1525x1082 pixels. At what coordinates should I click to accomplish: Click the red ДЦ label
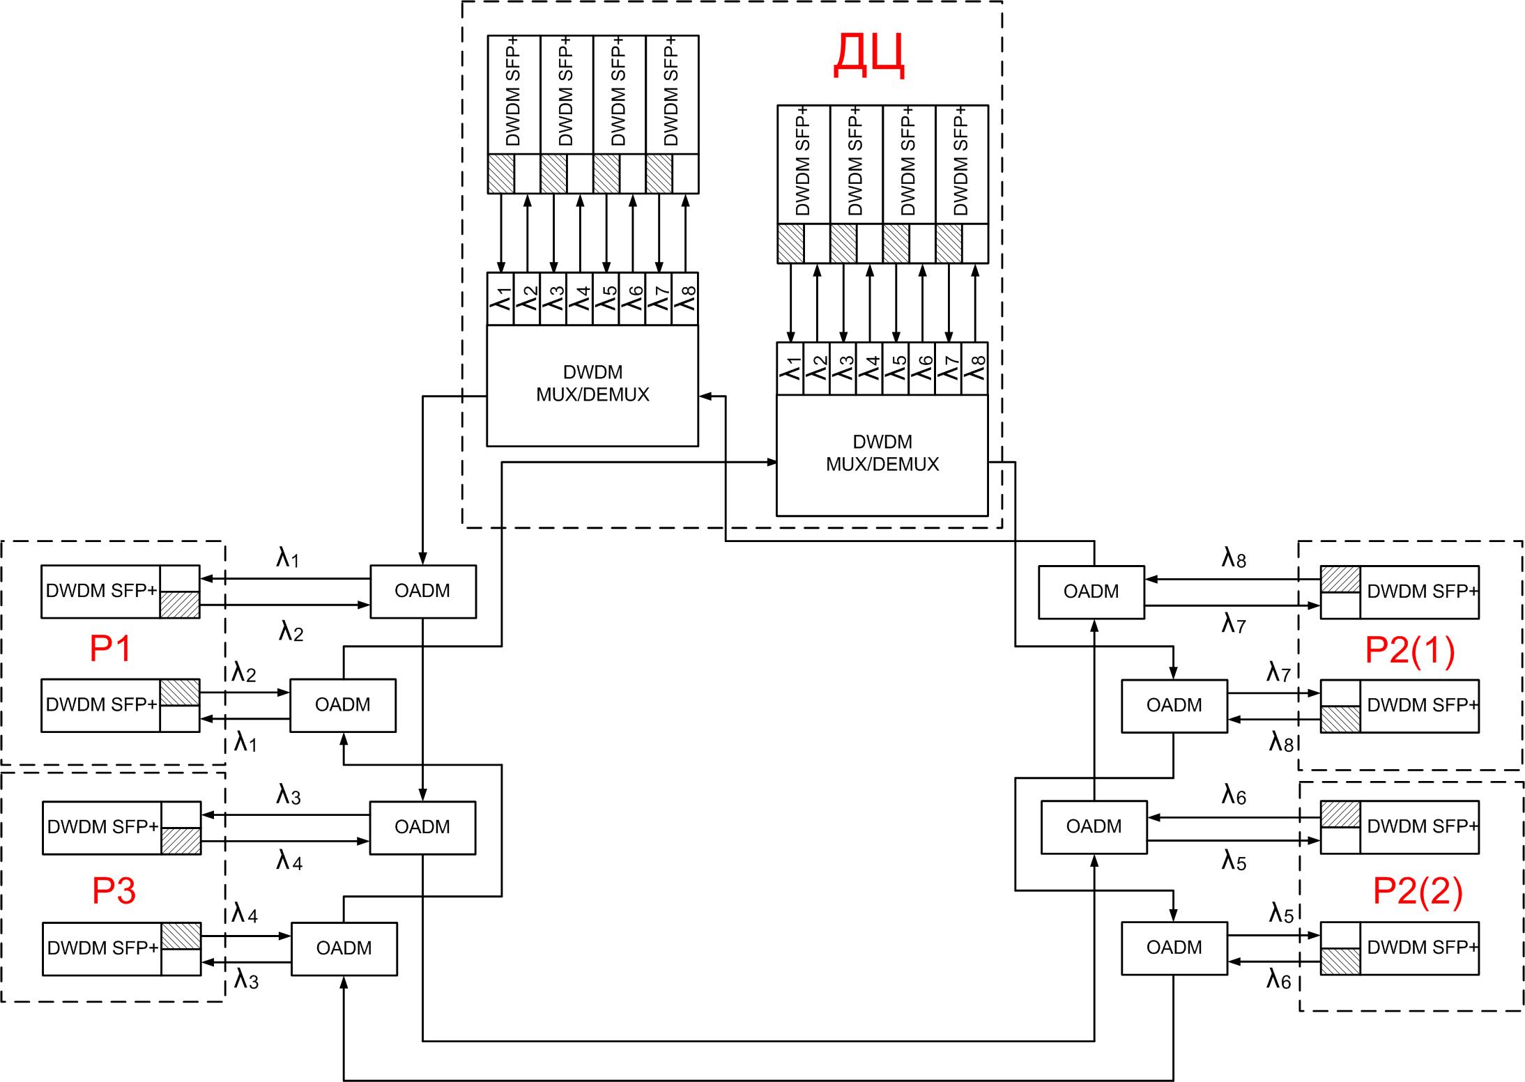869,56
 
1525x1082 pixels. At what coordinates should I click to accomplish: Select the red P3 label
114,891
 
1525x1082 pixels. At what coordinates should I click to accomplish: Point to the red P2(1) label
1409,651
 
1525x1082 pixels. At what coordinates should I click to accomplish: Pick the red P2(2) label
1417,891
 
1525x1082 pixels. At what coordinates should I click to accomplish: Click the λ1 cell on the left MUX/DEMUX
500,299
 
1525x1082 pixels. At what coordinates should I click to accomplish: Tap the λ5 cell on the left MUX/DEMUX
606,299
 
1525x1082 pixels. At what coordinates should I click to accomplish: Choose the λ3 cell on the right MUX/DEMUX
843,369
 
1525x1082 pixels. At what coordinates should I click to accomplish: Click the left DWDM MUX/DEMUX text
592,384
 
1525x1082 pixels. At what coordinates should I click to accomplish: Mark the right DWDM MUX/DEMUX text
882,454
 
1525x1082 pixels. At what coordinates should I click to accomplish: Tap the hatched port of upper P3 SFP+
181,840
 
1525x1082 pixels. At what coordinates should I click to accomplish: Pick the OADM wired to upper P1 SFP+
422,592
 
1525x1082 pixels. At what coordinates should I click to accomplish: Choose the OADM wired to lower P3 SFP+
344,948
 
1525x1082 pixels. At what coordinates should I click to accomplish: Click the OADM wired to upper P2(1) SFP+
1091,592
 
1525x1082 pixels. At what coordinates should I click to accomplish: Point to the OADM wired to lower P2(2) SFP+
1174,948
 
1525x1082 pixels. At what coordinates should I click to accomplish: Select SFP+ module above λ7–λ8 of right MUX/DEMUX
961,164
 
